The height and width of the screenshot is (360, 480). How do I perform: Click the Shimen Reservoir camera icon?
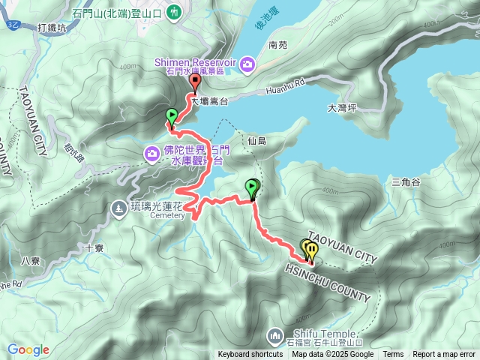tap(248, 66)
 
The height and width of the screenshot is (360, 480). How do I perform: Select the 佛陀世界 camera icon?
tap(152, 154)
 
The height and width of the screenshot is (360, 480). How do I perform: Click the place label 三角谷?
tap(406, 181)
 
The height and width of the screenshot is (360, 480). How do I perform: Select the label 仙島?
tap(256, 140)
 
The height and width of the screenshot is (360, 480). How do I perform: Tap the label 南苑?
tap(277, 44)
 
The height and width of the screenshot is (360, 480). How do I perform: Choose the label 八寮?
tap(30, 261)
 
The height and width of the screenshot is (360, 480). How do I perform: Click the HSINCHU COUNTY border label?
tap(328, 282)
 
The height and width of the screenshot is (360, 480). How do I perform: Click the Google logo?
tap(28, 349)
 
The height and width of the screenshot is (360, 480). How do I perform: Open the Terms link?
tap(393, 355)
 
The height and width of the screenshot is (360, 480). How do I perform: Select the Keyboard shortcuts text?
tap(250, 355)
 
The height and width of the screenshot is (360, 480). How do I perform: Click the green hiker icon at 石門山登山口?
tap(174, 12)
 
